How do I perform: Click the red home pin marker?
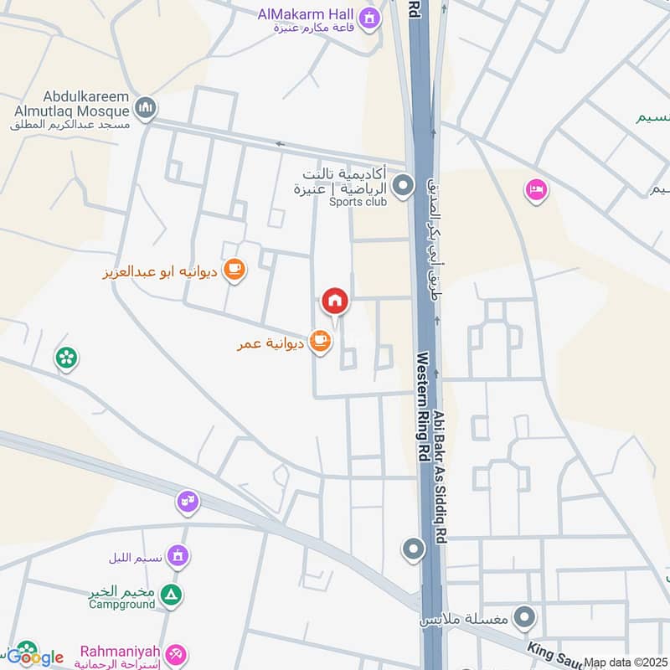(335, 301)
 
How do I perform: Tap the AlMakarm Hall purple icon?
(368, 16)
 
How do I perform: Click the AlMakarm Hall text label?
(307, 13)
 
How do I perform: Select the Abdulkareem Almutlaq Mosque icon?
(146, 109)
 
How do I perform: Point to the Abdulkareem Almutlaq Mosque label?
(70, 110)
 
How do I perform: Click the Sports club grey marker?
(404, 185)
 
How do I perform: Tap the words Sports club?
(358, 202)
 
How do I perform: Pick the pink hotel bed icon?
(536, 190)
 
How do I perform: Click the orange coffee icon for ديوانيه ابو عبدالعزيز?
(234, 270)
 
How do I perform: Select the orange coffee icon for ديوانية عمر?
(319, 340)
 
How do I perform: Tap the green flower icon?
(65, 358)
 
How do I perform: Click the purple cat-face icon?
(187, 502)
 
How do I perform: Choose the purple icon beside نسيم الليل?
(177, 555)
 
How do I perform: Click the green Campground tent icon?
(172, 595)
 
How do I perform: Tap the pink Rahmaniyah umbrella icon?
(176, 653)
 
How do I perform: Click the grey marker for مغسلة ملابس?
(525, 619)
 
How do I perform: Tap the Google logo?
(35, 657)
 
